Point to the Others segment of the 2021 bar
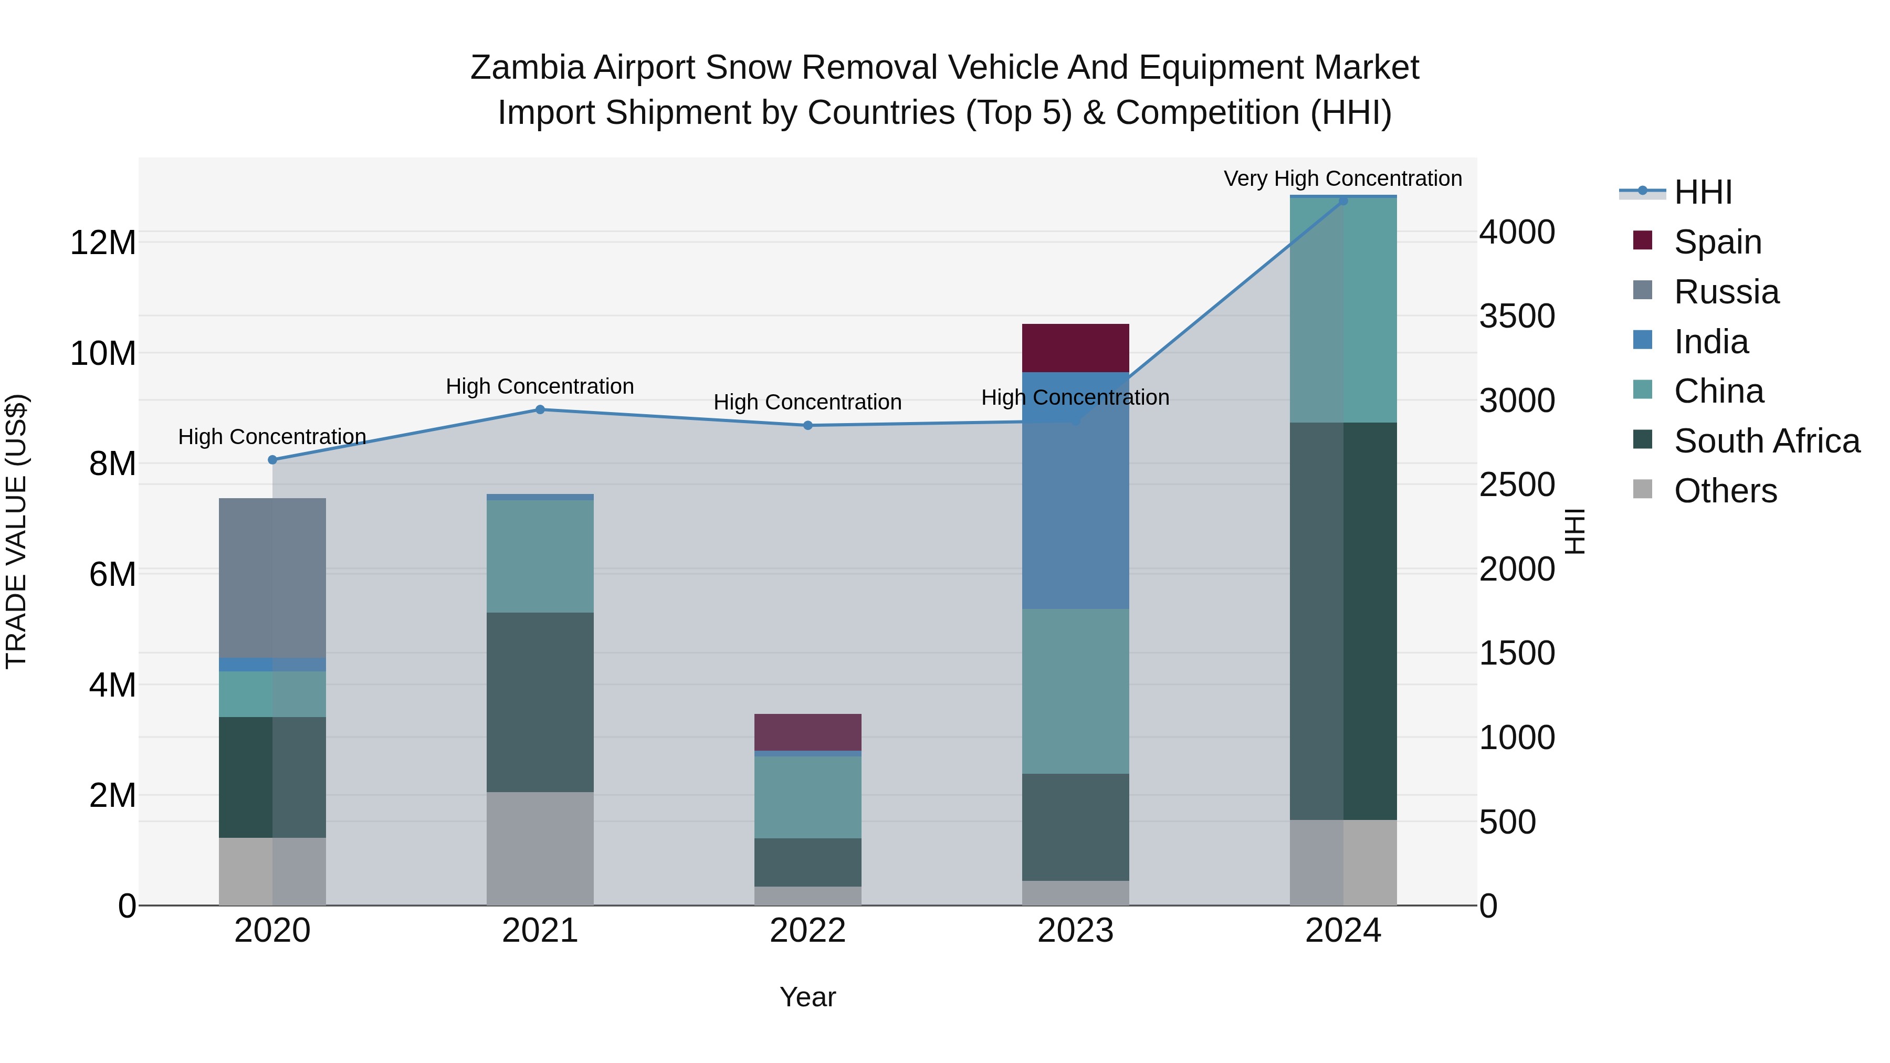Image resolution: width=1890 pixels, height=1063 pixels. tap(540, 848)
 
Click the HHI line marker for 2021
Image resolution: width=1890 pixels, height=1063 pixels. tap(540, 409)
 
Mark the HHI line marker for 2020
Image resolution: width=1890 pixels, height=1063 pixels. tap(272, 460)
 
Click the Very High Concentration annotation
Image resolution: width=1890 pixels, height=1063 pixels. tap(1342, 178)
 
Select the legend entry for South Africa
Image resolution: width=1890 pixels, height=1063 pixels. tap(1766, 441)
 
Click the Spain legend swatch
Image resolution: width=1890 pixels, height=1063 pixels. tap(1643, 240)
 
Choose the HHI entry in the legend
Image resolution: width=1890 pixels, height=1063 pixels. tap(1702, 192)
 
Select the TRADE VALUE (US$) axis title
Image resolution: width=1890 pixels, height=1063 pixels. tap(16, 531)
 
